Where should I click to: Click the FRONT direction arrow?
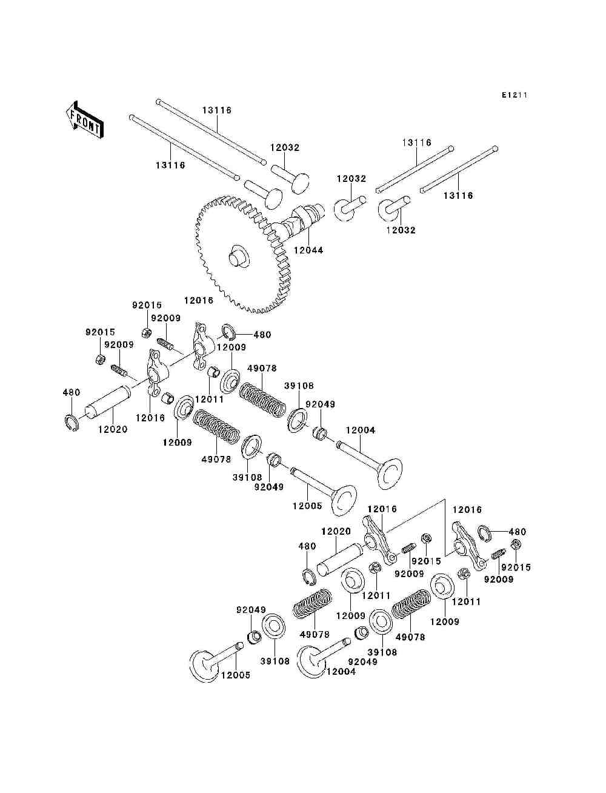(84, 120)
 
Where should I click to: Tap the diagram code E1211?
(514, 95)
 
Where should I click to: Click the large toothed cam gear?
(242, 255)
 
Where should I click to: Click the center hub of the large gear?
(238, 256)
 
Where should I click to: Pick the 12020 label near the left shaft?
(113, 429)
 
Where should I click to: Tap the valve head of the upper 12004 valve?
(389, 473)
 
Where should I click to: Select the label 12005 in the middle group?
(307, 506)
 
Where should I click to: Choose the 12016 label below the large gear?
(199, 300)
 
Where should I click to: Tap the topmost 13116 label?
(217, 110)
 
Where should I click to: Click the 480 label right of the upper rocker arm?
(262, 335)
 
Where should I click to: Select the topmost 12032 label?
(285, 147)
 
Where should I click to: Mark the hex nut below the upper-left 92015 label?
(99, 360)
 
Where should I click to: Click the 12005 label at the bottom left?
(236, 675)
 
